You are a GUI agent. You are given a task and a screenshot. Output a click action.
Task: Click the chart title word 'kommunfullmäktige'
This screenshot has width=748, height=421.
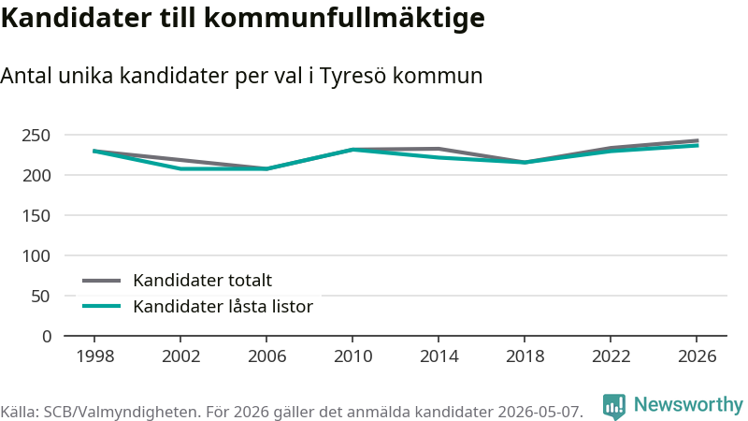pyautogui.click(x=344, y=19)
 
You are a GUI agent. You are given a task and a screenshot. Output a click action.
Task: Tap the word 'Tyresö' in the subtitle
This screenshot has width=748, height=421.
pyautogui.click(x=352, y=77)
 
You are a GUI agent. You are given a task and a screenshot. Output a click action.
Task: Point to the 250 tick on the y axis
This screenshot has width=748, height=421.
pyautogui.click(x=36, y=136)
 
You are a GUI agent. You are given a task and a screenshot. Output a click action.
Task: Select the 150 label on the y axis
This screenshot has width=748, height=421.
pyautogui.click(x=36, y=216)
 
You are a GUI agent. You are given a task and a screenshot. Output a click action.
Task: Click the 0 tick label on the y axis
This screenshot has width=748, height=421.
pyautogui.click(x=47, y=337)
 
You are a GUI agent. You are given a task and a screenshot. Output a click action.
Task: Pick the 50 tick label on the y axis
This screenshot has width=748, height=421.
pyautogui.click(x=40, y=297)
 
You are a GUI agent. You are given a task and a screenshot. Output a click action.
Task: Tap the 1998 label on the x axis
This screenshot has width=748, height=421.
pyautogui.click(x=95, y=356)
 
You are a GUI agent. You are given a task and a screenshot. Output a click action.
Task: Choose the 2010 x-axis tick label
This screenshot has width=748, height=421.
pyautogui.click(x=352, y=356)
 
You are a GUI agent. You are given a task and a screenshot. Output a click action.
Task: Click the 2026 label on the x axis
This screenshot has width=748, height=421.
pyautogui.click(x=697, y=356)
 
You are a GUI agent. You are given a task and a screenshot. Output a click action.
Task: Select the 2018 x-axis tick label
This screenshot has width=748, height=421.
pyautogui.click(x=525, y=356)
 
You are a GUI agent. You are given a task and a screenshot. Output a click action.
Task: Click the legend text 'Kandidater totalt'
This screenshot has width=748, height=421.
pyautogui.click(x=202, y=280)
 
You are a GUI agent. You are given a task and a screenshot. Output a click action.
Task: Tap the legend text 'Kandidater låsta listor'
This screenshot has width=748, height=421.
pyautogui.click(x=223, y=307)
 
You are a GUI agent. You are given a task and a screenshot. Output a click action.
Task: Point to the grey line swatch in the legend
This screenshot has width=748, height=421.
pyautogui.click(x=101, y=281)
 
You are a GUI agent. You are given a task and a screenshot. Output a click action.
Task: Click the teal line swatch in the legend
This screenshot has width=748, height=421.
pyautogui.click(x=101, y=306)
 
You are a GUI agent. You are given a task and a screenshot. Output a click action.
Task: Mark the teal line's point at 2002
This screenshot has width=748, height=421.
pyautogui.click(x=180, y=168)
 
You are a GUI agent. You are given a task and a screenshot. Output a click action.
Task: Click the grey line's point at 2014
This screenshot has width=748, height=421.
pyautogui.click(x=439, y=149)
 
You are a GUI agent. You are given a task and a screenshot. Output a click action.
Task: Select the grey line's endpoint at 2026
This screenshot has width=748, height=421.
pyautogui.click(x=698, y=140)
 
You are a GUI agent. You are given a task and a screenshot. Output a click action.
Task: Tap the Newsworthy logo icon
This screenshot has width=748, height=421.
pyautogui.click(x=614, y=406)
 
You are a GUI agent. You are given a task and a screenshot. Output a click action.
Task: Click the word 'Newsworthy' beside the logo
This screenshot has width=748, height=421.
pyautogui.click(x=688, y=405)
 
